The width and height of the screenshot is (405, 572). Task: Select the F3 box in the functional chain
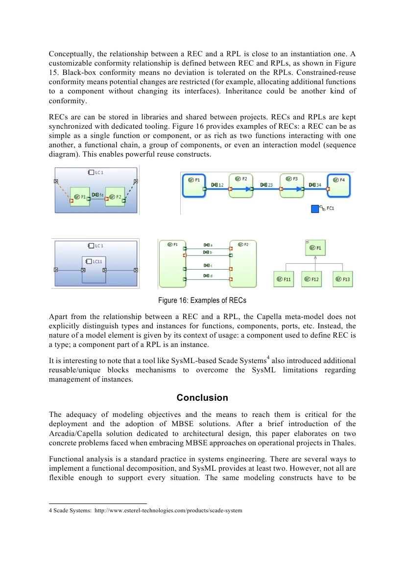(291, 184)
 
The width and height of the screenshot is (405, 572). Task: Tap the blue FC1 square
(315, 209)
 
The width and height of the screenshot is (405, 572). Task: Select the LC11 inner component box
(94, 269)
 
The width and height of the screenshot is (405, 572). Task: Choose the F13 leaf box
(343, 279)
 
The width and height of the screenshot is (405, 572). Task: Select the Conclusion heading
(202, 398)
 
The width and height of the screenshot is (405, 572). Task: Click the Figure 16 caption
(202, 300)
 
